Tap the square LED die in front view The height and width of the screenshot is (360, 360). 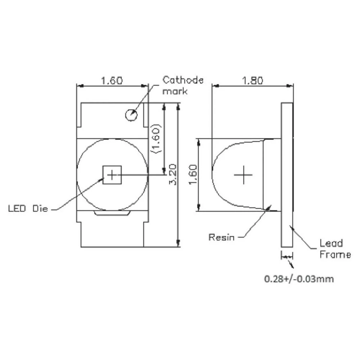(x=112, y=175)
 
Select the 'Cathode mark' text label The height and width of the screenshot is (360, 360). (x=183, y=85)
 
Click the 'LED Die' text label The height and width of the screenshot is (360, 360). (x=28, y=208)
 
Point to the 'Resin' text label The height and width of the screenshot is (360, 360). (x=221, y=237)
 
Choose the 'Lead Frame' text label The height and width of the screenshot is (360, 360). (x=335, y=249)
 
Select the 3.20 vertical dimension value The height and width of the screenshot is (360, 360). (x=172, y=175)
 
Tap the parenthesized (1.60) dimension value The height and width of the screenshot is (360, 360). (x=156, y=139)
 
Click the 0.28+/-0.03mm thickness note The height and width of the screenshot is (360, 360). (x=299, y=279)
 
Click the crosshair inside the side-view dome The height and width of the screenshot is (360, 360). (x=243, y=175)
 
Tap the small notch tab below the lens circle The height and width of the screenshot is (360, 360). (x=112, y=214)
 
